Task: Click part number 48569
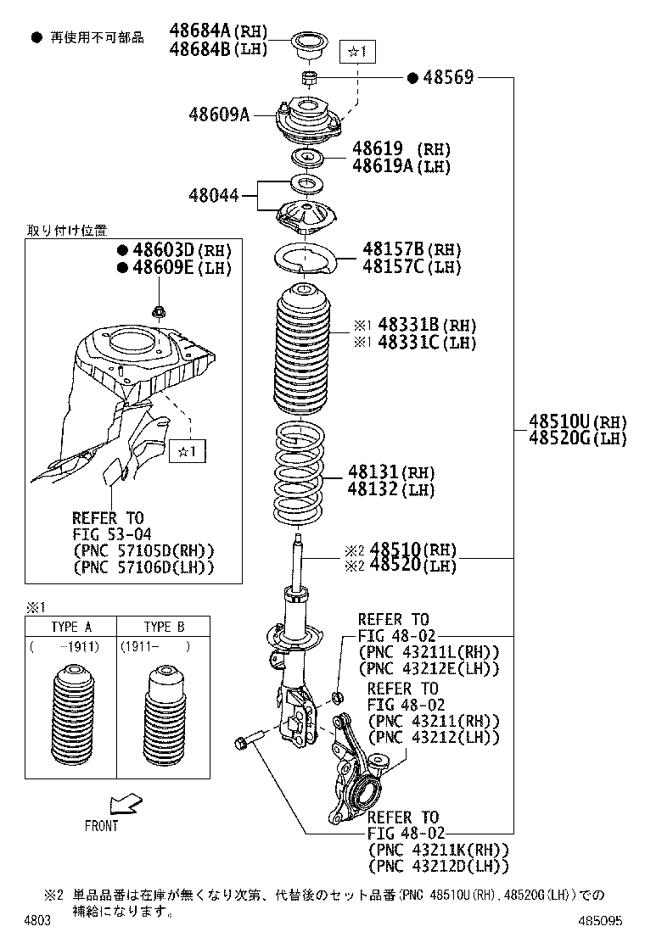click(x=446, y=78)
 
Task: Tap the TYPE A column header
click(x=71, y=628)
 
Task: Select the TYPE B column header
click(x=164, y=628)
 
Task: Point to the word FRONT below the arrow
click(x=101, y=825)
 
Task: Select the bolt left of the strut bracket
click(x=242, y=744)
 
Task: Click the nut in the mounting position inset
click(x=158, y=312)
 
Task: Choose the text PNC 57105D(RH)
click(x=143, y=550)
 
